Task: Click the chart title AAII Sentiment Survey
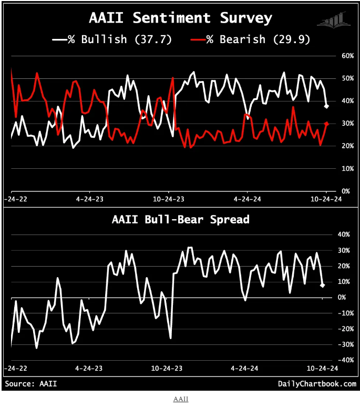[x=180, y=18]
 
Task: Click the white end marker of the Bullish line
[x=326, y=107]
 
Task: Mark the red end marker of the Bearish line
[x=326, y=124]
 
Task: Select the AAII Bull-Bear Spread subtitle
[x=180, y=219]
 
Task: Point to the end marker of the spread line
[x=322, y=285]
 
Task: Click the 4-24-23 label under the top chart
[x=91, y=200]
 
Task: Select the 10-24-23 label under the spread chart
[x=168, y=369]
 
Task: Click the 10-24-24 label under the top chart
[x=326, y=200]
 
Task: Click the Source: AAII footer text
[x=31, y=384]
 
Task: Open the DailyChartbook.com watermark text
[x=317, y=384]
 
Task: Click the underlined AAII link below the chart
[x=180, y=399]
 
